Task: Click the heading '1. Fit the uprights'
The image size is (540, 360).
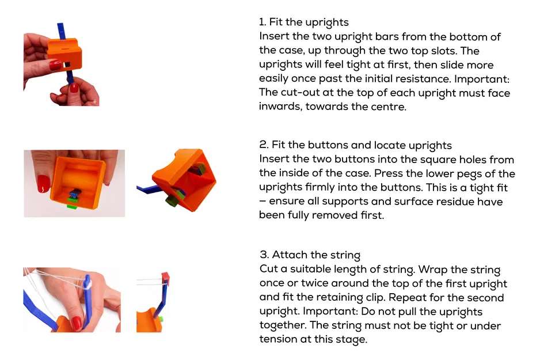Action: tap(303, 22)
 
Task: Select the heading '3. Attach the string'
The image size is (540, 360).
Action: tap(310, 255)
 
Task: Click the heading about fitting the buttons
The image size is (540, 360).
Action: tap(355, 145)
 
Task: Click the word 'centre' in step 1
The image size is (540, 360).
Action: tap(388, 107)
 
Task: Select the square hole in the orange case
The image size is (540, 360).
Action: tap(68, 63)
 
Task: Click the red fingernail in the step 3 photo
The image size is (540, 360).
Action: tap(77, 323)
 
